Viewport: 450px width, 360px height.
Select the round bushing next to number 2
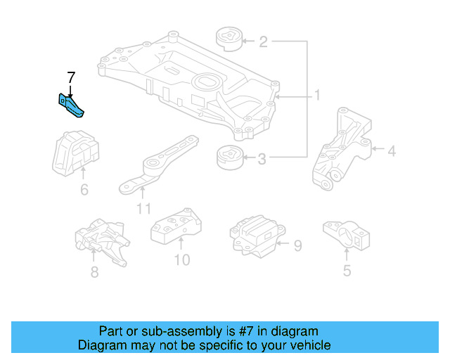pos(229,39)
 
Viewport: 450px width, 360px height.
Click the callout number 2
pos(263,43)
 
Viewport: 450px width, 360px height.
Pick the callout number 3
pos(262,160)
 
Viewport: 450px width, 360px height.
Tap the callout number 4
pos(392,150)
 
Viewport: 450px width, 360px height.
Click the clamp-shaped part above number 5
pos(347,234)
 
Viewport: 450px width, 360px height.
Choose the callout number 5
pos(347,270)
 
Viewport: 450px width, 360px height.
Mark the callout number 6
pos(84,189)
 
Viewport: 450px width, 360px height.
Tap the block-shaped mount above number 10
pos(176,226)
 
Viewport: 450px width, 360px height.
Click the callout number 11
pos(143,208)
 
